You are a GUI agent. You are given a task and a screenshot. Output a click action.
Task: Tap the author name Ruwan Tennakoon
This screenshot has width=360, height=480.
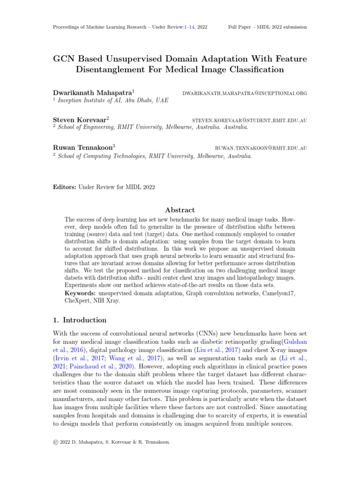tap(82, 148)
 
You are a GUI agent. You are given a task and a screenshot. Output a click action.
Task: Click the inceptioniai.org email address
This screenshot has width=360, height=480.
tap(245, 93)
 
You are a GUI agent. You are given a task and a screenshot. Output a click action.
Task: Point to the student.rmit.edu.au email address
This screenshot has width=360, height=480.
tap(250, 120)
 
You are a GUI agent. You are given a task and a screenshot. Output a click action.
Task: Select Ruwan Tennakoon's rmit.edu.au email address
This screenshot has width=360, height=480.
tap(261, 148)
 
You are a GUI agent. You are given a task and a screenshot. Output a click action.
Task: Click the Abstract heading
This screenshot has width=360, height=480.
tap(180, 210)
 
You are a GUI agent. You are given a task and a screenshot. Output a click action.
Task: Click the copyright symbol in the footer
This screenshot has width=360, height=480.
tap(56, 441)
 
